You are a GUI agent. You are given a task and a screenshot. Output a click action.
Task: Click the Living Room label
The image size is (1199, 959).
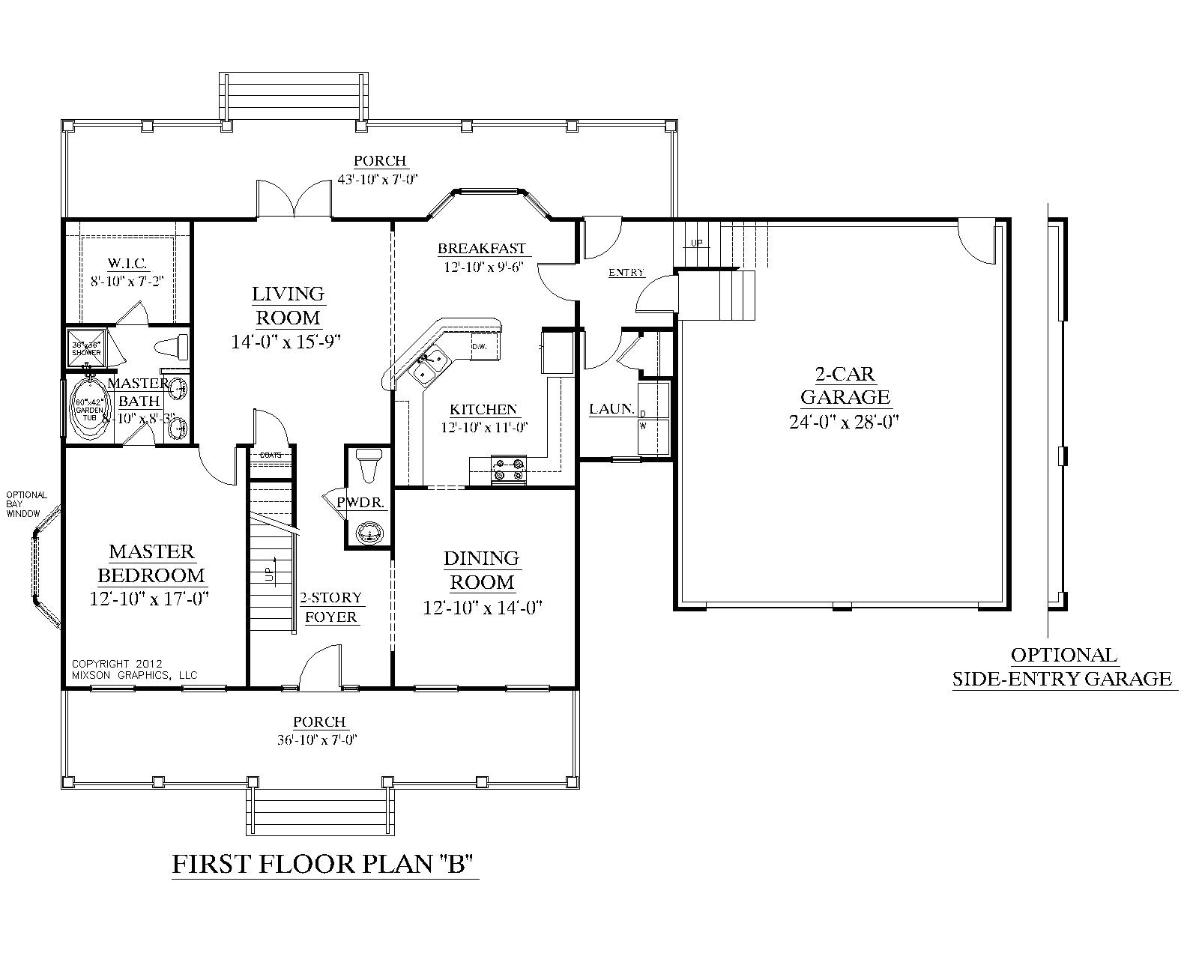point(289,305)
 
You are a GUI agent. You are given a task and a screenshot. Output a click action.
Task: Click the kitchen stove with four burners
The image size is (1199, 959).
point(509,471)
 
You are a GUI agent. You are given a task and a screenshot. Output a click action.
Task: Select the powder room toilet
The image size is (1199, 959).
point(369,465)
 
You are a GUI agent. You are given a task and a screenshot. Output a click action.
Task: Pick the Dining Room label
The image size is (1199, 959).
point(481,569)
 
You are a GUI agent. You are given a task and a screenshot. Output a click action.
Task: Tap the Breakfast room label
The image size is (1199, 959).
point(482,249)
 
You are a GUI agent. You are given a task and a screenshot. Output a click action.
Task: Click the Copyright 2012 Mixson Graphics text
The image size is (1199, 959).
point(134,669)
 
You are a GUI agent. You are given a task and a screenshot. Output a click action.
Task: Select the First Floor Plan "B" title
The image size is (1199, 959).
point(325,865)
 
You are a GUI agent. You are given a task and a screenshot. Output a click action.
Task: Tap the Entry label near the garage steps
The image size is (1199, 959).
point(626,273)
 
